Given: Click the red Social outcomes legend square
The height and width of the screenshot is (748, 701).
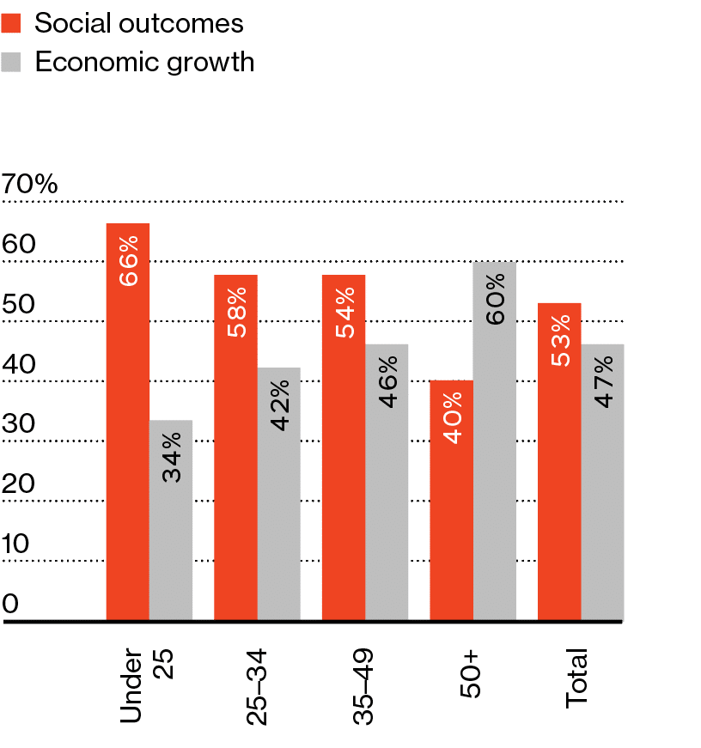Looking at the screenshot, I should (x=12, y=23).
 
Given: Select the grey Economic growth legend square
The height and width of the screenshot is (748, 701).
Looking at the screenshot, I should (x=12, y=62).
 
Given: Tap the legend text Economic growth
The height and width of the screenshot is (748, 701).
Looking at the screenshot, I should (x=144, y=62).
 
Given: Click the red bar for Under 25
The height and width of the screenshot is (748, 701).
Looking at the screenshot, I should (x=128, y=421).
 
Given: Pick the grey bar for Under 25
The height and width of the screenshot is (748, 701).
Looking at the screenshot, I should (x=171, y=520).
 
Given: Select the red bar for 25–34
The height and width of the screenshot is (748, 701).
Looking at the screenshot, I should (x=235, y=447).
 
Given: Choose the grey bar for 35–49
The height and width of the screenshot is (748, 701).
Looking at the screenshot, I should (x=387, y=481).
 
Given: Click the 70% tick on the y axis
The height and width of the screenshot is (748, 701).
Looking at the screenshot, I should (x=30, y=184).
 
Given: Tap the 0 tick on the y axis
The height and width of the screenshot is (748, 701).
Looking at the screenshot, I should (x=10, y=604).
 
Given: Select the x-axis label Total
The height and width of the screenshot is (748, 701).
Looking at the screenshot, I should (x=577, y=679).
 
